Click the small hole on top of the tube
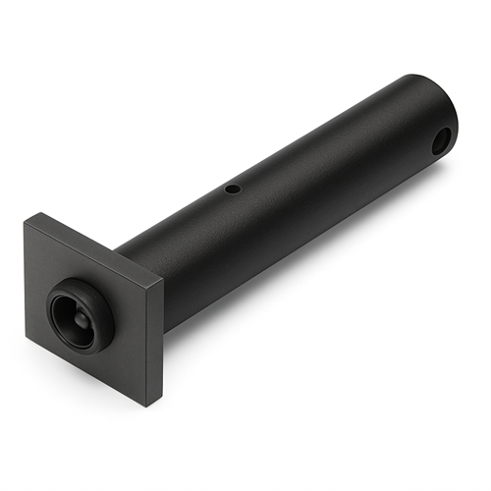point(233,188)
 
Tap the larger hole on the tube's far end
point(442,140)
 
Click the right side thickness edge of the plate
point(156,344)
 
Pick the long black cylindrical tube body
point(295,187)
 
